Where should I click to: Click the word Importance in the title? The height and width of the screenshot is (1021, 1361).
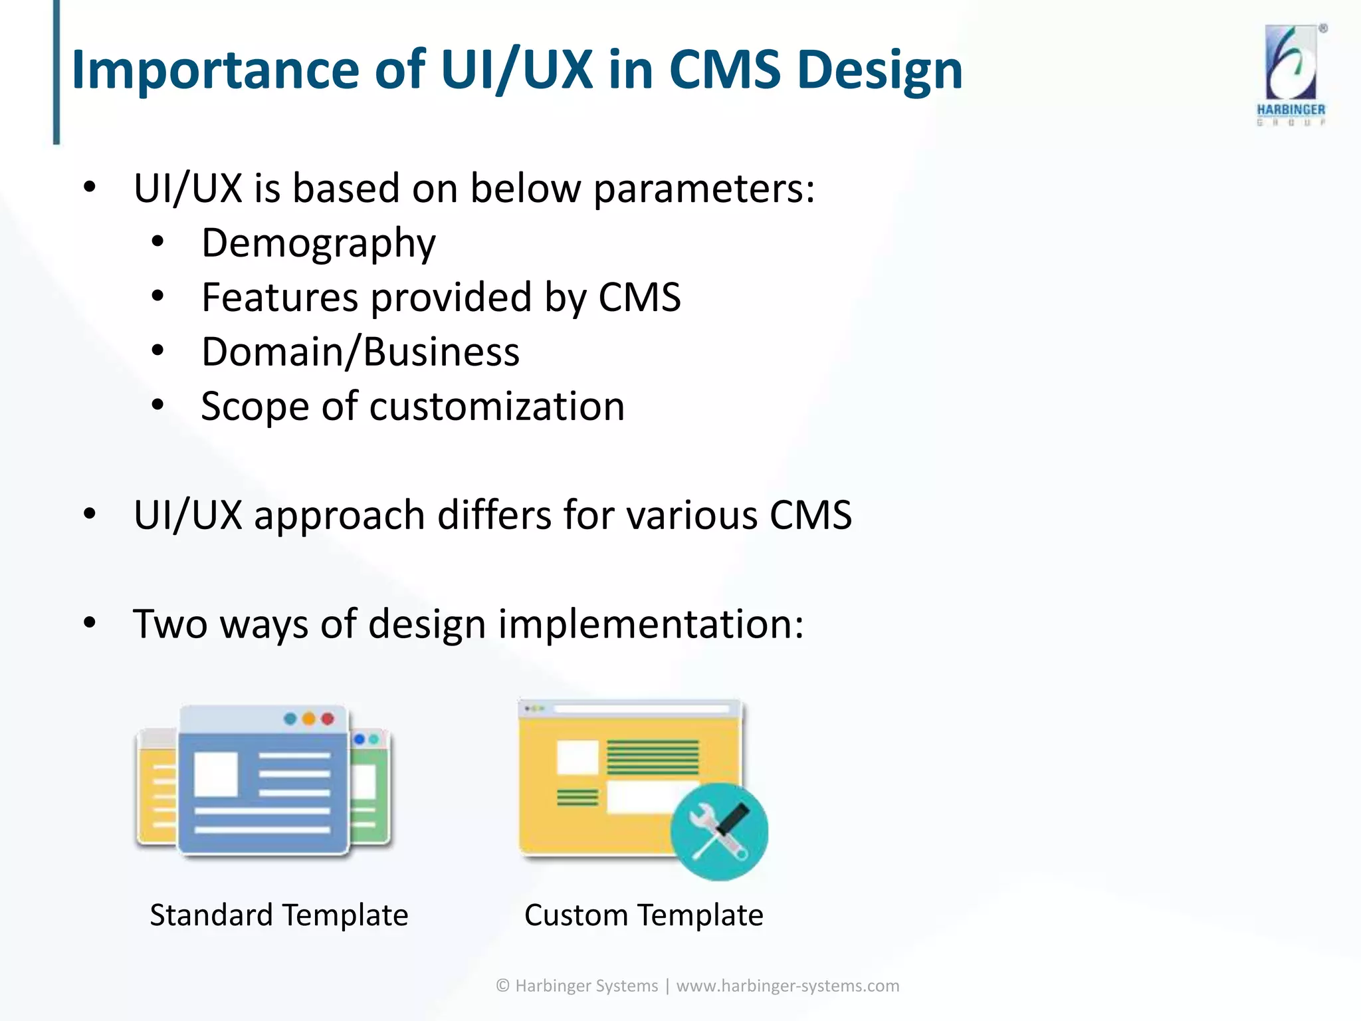[215, 70]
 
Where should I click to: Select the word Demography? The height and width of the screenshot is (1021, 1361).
[318, 243]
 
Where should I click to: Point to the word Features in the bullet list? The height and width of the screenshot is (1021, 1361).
[280, 297]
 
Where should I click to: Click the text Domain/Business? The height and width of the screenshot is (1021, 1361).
[360, 352]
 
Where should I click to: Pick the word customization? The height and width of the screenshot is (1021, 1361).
[496, 406]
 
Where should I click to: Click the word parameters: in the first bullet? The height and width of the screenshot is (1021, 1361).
[704, 189]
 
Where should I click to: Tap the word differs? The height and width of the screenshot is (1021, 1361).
[494, 515]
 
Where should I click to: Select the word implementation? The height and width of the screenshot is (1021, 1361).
[651, 624]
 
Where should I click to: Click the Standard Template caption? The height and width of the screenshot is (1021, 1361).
[278, 915]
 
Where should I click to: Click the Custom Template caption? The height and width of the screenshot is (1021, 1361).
[643, 915]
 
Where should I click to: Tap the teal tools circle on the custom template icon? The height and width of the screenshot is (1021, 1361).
[719, 832]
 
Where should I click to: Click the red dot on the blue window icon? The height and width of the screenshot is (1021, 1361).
[328, 719]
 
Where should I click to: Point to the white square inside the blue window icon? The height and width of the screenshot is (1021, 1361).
[216, 774]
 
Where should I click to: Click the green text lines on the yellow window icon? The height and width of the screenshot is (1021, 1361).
[652, 757]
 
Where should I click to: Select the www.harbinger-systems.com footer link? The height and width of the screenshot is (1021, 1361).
[787, 986]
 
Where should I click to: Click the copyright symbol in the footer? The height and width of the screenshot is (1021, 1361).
[503, 986]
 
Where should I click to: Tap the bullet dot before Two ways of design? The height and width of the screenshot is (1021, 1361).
[90, 623]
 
